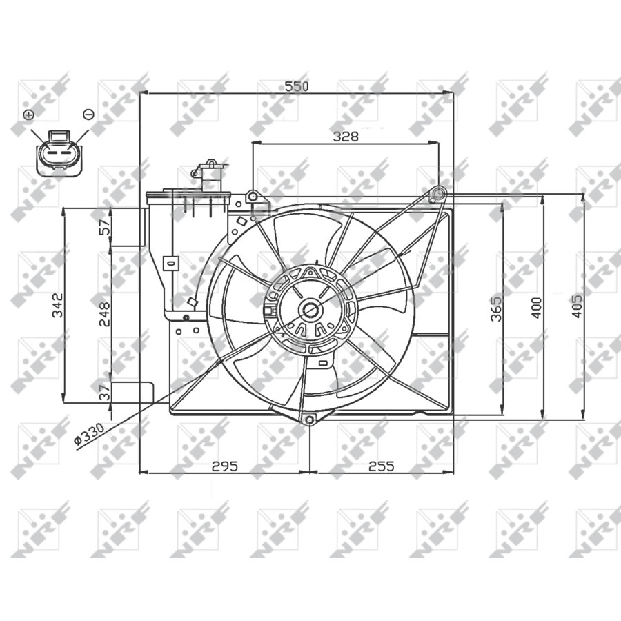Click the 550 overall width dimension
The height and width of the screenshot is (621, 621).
pyautogui.click(x=297, y=86)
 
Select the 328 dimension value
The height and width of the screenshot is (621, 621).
pyautogui.click(x=346, y=136)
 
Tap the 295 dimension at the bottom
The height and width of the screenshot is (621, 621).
pyautogui.click(x=224, y=466)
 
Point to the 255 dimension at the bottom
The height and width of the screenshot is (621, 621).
pyautogui.click(x=380, y=466)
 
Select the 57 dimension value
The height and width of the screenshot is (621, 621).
pyautogui.click(x=104, y=226)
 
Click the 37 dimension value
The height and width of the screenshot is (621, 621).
pyautogui.click(x=104, y=393)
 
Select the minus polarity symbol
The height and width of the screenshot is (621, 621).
pyautogui.click(x=88, y=114)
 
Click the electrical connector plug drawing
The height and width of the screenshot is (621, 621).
pyautogui.click(x=59, y=152)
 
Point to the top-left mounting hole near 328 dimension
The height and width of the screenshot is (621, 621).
pyautogui.click(x=253, y=197)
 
